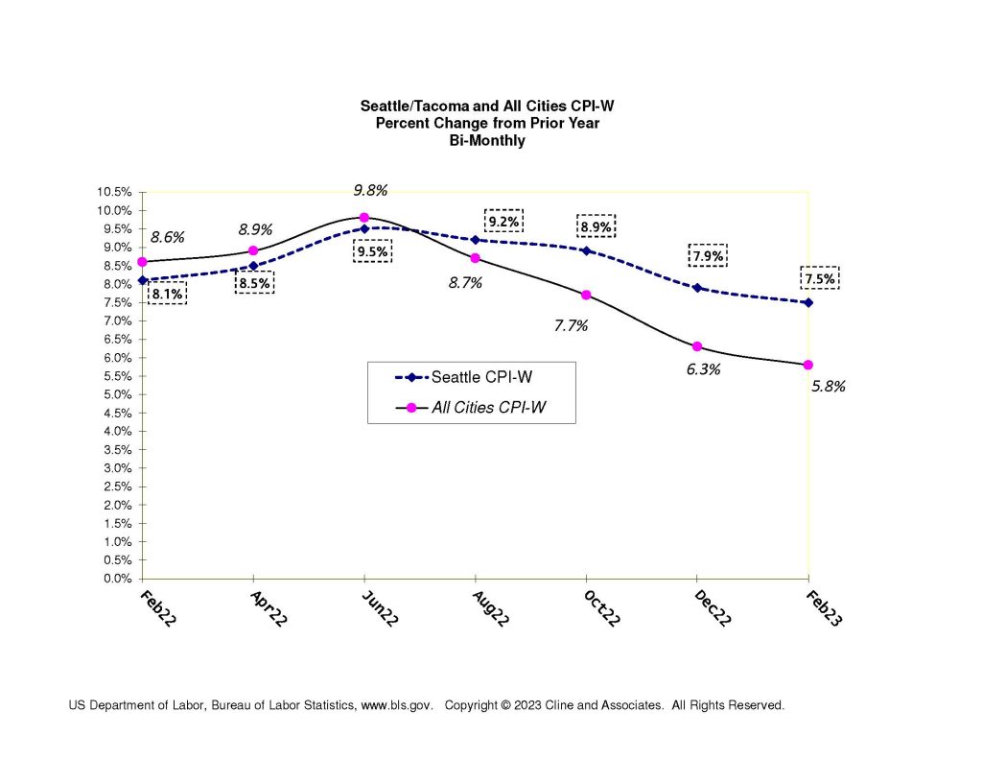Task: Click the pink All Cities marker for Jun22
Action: [x=364, y=217]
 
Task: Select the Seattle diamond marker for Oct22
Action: [x=586, y=250]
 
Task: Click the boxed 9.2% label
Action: [x=503, y=223]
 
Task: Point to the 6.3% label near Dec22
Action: [x=703, y=368]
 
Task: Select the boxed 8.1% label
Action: [x=167, y=294]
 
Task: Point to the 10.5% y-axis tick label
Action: [x=114, y=192]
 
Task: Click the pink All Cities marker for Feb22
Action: [x=142, y=261]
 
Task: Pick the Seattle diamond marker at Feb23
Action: [x=808, y=302]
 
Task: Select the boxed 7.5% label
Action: [x=819, y=278]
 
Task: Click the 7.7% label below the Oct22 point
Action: [x=571, y=325]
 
